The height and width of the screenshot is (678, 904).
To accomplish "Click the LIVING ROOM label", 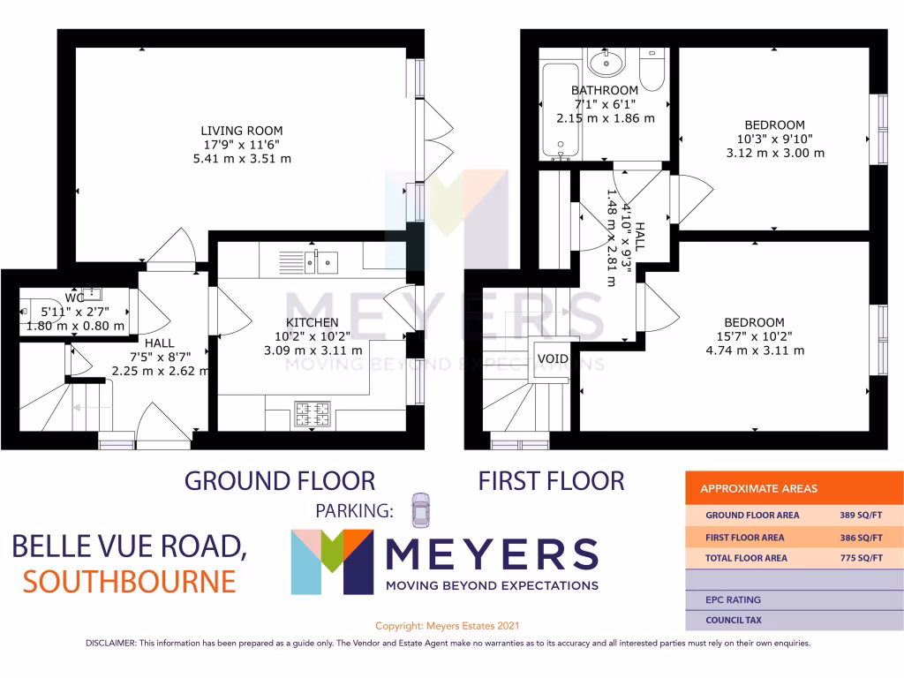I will [x=241, y=131].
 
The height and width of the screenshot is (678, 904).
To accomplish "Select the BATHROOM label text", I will [x=604, y=90].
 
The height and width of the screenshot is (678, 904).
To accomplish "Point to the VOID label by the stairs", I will [x=553, y=358].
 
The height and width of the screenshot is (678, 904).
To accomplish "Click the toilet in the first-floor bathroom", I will [x=652, y=69].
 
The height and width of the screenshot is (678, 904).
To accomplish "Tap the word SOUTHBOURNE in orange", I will [x=129, y=581].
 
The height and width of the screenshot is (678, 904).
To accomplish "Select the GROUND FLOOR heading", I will [x=279, y=481].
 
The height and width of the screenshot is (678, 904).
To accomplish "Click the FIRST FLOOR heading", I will [x=551, y=481].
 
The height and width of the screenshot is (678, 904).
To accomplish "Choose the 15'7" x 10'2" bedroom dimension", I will [x=753, y=336].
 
